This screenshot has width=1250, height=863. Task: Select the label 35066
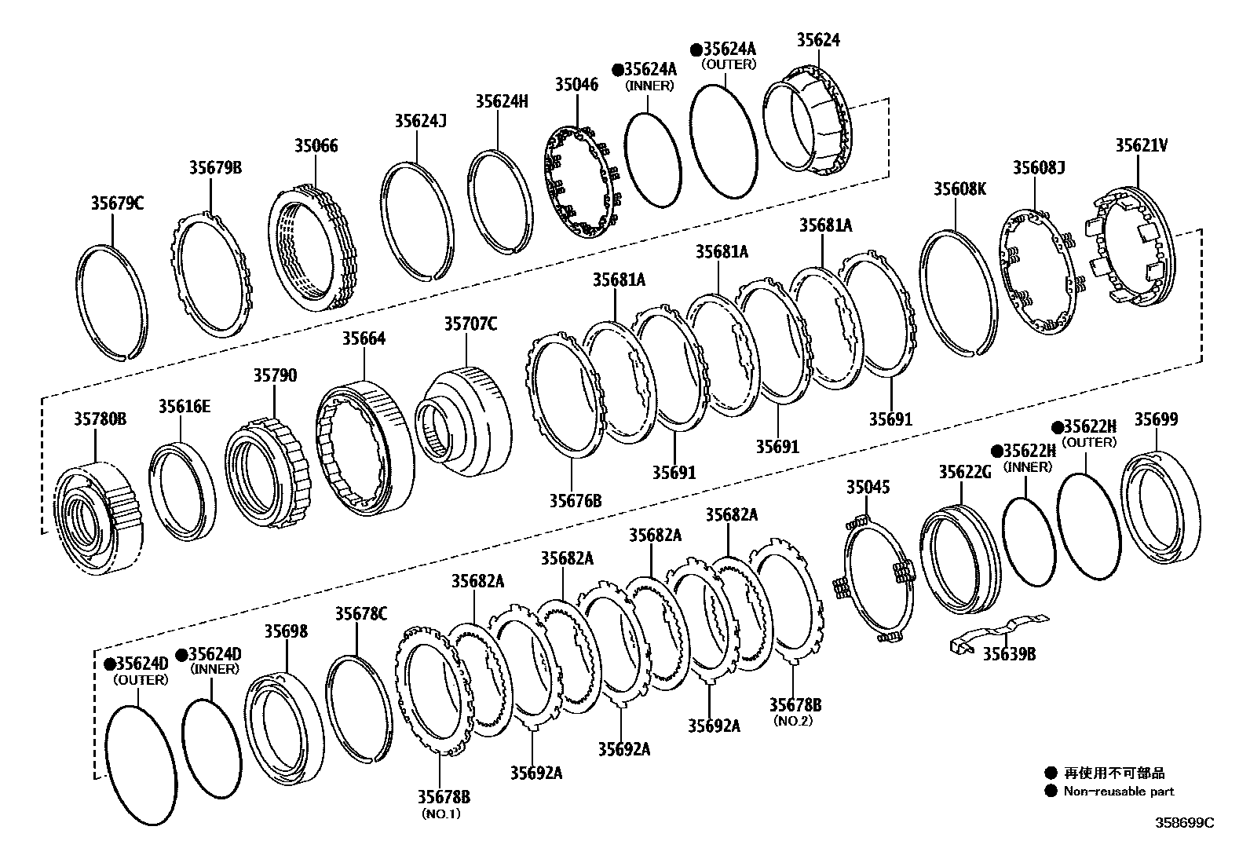coord(316,145)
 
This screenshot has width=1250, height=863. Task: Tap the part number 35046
coord(576,85)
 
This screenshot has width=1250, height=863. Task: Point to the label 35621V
coord(1142,145)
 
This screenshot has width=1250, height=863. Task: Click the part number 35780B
coord(100,419)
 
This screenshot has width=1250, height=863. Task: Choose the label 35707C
coord(470,324)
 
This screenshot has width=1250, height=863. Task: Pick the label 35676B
coord(575,499)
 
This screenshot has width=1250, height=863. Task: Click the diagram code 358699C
coord(1184,823)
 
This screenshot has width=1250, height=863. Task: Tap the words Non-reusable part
coord(1118,792)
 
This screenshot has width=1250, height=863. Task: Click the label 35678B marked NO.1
coord(444,797)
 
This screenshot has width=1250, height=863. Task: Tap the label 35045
coord(868,487)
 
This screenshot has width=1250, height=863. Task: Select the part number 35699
coord(1156,419)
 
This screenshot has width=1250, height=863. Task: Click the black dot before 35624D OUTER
coord(111,664)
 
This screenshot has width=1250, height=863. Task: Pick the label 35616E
coord(185,406)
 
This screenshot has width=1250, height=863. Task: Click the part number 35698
coord(286,631)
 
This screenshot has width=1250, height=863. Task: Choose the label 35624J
coord(420,120)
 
